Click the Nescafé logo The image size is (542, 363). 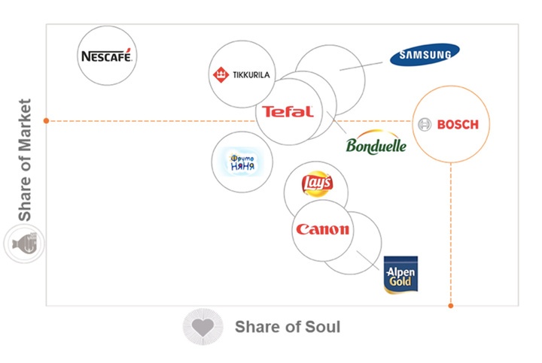(x=108, y=56)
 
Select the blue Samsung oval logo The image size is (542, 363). (x=425, y=55)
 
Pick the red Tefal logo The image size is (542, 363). (x=287, y=112)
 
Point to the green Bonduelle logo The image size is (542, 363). (x=376, y=144)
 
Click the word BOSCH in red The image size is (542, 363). (x=457, y=124)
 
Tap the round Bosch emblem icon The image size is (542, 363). (x=425, y=124)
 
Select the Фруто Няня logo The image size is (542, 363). (x=242, y=161)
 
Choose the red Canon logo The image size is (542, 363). (x=322, y=230)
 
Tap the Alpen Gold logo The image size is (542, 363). (x=400, y=275)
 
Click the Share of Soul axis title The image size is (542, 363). (x=287, y=327)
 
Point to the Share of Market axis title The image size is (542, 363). (x=26, y=160)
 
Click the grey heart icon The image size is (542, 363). (x=202, y=327)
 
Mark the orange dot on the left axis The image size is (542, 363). (x=47, y=120)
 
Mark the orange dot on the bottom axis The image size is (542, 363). (x=451, y=306)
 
